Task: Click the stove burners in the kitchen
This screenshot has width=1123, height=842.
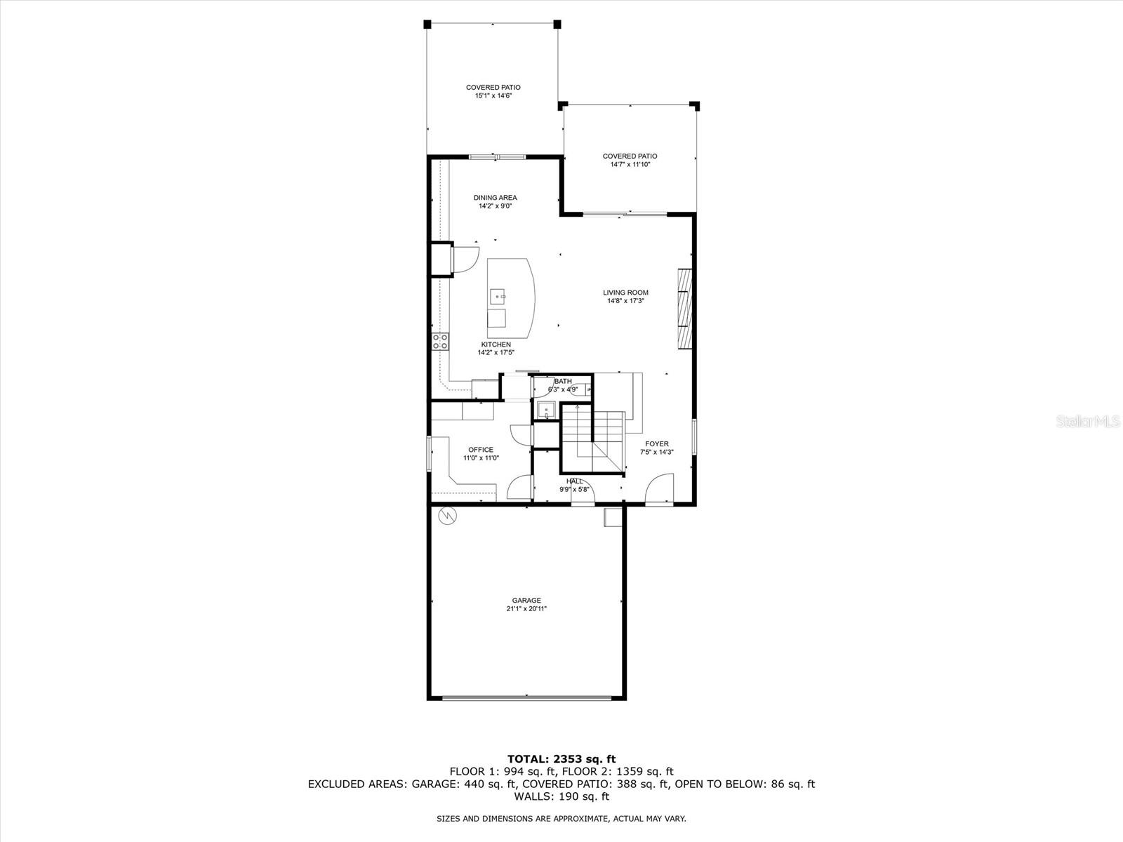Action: tap(440, 342)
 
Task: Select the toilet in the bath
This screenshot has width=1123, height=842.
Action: tap(580, 387)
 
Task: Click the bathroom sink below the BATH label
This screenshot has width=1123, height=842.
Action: tap(545, 409)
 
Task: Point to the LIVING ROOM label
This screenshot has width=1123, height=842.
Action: tap(625, 293)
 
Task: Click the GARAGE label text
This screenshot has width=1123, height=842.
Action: tap(526, 600)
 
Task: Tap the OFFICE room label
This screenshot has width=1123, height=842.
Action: tap(481, 450)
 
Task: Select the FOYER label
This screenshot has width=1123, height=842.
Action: tap(657, 443)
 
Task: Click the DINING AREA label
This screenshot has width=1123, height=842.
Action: tap(495, 198)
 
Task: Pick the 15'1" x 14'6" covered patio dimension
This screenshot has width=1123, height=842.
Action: tap(493, 95)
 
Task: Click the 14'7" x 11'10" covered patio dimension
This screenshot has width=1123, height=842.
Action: tap(630, 164)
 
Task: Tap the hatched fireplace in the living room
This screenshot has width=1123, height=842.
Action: tap(684, 309)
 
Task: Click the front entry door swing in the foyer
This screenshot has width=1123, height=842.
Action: tap(660, 488)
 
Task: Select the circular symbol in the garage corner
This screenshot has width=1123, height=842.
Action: tap(446, 516)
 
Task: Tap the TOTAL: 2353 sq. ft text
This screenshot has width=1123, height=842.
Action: tap(561, 759)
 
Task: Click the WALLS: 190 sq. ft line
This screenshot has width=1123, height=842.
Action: tap(561, 796)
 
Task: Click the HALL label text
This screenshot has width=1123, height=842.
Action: tap(574, 481)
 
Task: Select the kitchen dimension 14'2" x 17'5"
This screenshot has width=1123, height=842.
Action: tap(496, 352)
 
